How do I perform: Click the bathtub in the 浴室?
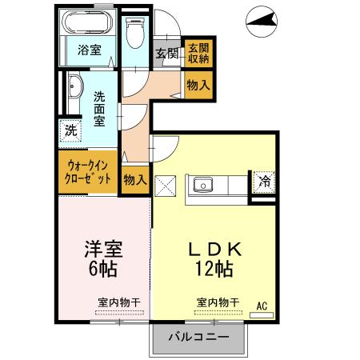[x=87, y=22]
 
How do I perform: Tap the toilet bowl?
[x=135, y=33]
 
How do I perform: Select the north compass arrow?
[x=262, y=21]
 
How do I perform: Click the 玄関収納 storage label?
[x=198, y=54]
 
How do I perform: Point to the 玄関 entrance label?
[x=166, y=54]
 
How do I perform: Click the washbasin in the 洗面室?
[x=75, y=86]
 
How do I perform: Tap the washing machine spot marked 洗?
[x=70, y=130]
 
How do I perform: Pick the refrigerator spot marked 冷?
[x=264, y=182]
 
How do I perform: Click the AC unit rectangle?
[x=262, y=315]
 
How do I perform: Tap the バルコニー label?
[x=198, y=337]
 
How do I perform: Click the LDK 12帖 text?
[x=215, y=259]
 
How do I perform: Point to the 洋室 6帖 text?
[x=103, y=258]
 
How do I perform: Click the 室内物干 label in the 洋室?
[x=119, y=302]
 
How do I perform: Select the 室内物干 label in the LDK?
[x=218, y=302]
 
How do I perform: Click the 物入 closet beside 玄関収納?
[x=198, y=85]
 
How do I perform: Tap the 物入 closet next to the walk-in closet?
[x=135, y=180]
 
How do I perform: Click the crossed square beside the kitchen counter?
[x=166, y=186]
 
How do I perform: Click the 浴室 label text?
[x=90, y=50]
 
